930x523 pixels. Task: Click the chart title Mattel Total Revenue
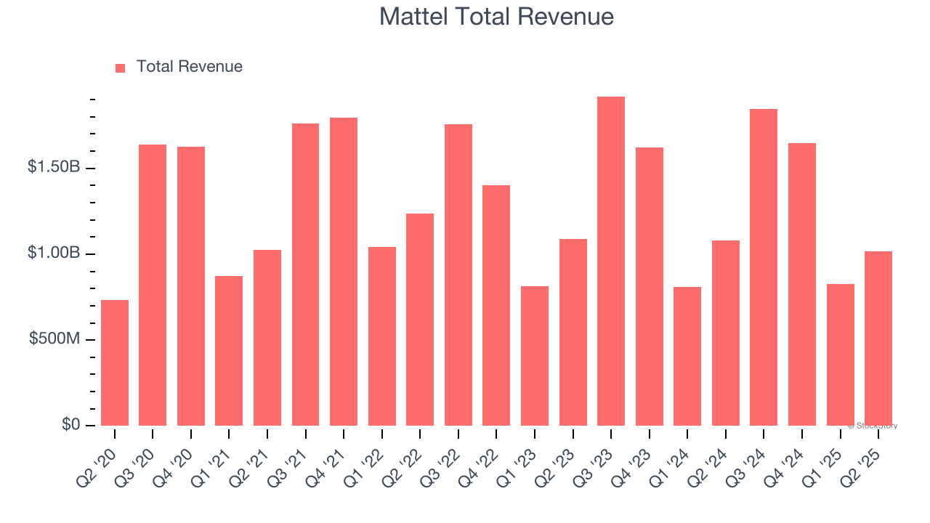point(496,17)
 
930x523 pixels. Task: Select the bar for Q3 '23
point(610,261)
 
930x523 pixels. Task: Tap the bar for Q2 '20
point(115,363)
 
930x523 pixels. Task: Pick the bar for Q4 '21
point(344,272)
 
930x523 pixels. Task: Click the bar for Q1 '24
point(687,356)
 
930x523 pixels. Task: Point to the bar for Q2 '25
point(878,338)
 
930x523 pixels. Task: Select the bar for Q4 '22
point(496,305)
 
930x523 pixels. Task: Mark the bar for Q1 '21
point(229,351)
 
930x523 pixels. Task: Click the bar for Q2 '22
point(420,320)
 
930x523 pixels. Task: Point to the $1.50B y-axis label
point(53,167)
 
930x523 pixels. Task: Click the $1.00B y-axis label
point(53,253)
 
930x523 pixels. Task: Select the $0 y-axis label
point(70,424)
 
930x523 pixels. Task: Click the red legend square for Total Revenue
point(121,68)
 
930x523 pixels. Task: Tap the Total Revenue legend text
point(189,67)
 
